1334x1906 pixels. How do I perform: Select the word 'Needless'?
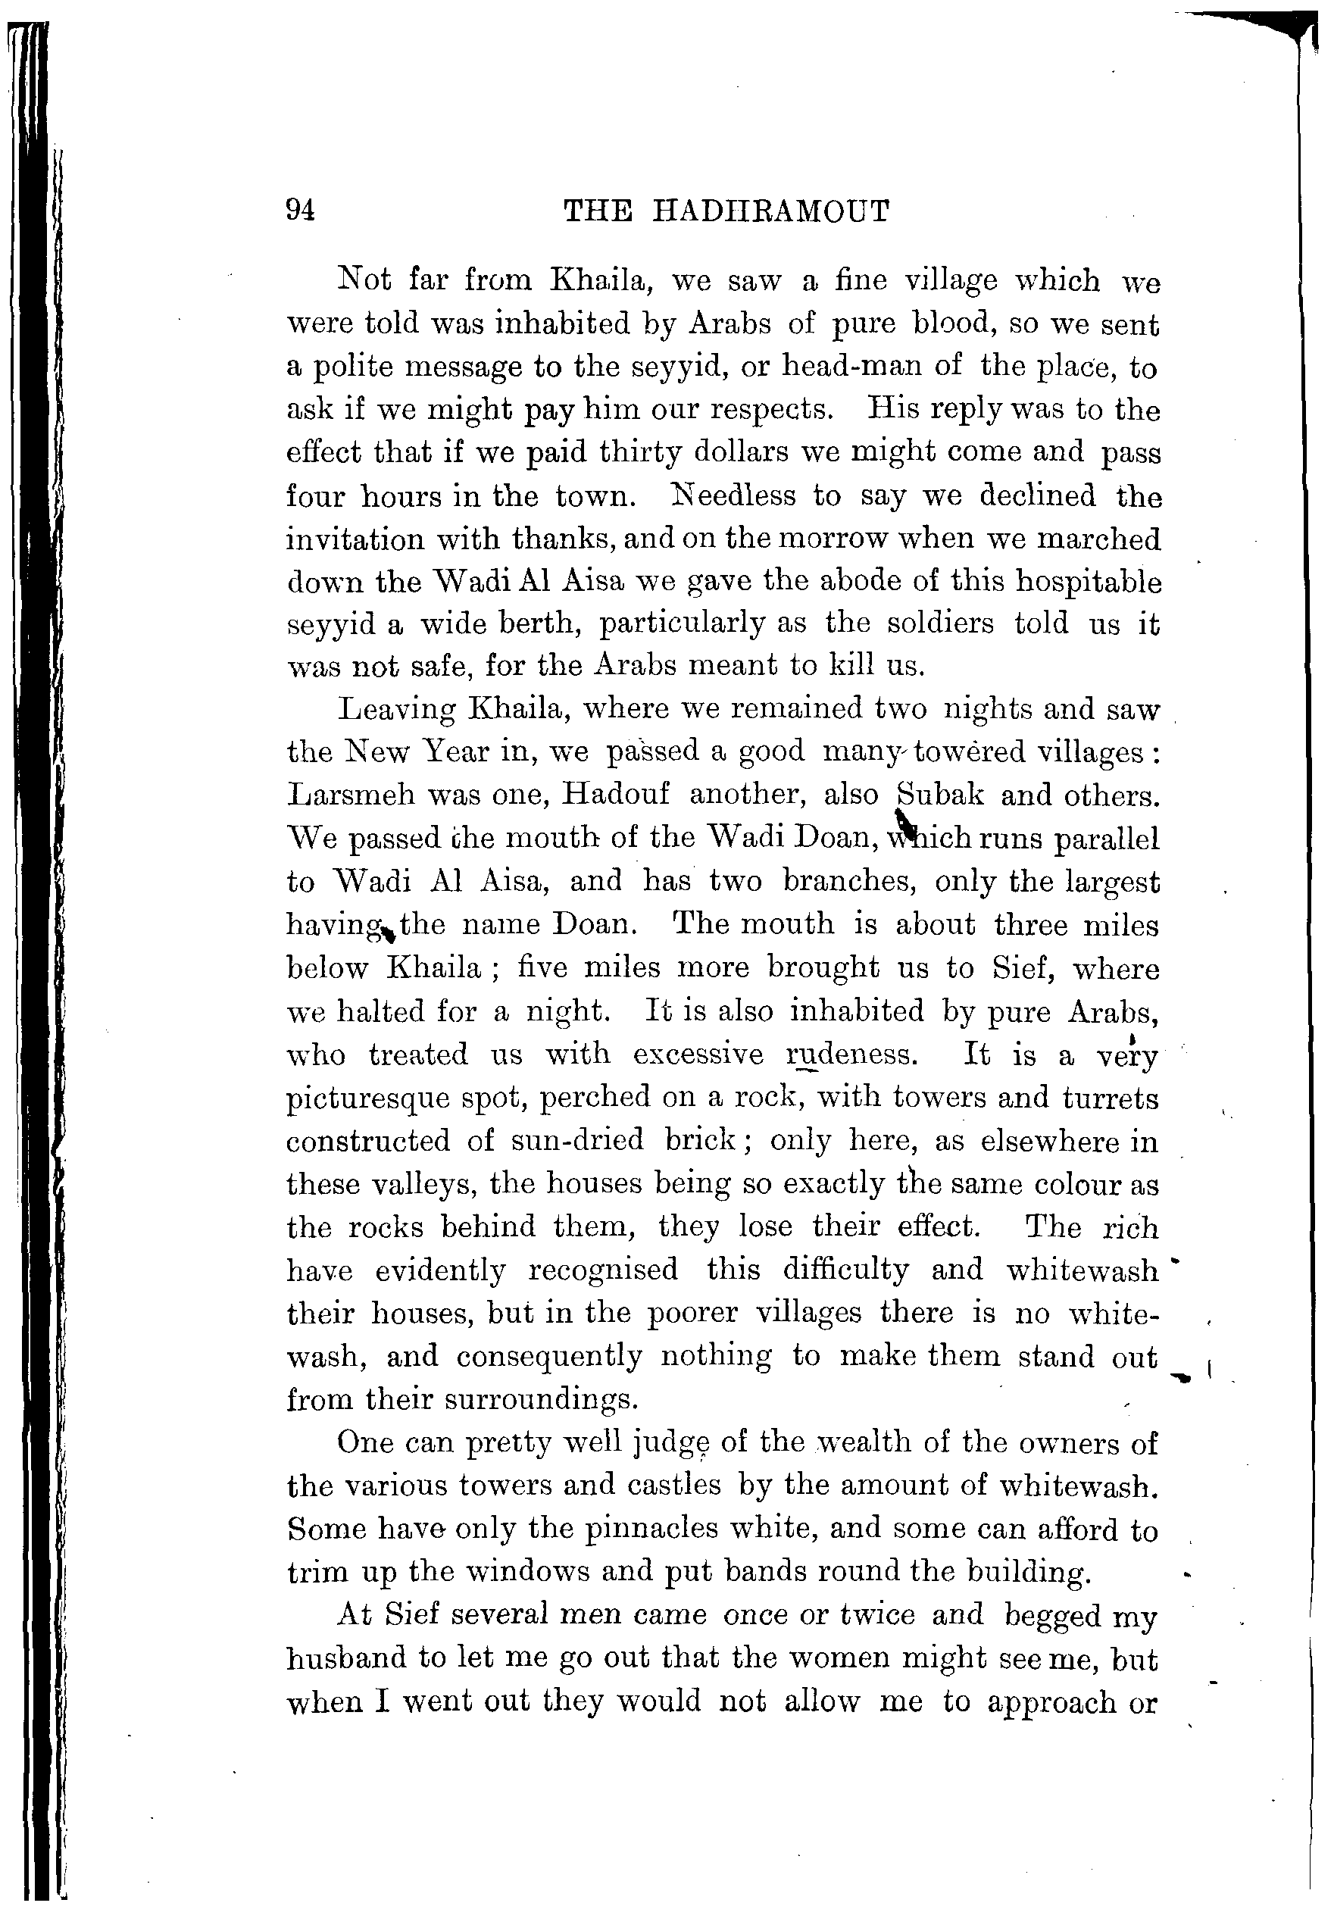click(x=729, y=495)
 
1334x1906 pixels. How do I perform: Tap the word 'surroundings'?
click(x=541, y=1401)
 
